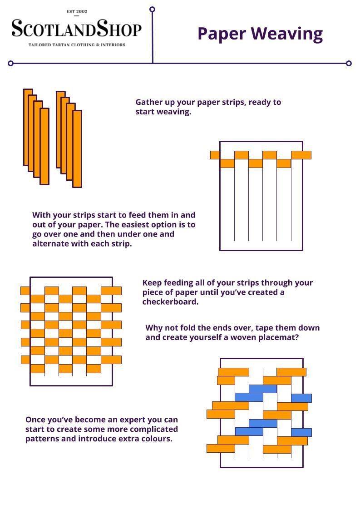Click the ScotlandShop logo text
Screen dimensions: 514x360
click(x=76, y=29)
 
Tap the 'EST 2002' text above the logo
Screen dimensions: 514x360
click(x=76, y=11)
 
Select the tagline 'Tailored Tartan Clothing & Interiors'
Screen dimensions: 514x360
click(x=77, y=45)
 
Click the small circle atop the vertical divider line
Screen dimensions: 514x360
click(x=152, y=9)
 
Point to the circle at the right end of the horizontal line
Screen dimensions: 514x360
click(x=349, y=64)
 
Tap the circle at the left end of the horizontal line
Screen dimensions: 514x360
click(x=10, y=64)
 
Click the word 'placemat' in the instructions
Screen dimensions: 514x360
click(x=279, y=338)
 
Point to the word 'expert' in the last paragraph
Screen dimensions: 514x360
click(x=120, y=420)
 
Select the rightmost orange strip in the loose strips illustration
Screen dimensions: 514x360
click(x=77, y=149)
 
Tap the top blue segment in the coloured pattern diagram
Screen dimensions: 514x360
click(x=262, y=389)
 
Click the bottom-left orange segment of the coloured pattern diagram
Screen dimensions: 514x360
click(x=221, y=449)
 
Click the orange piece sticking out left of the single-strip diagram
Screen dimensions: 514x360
click(x=215, y=155)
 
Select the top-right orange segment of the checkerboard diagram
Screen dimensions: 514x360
click(x=111, y=291)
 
